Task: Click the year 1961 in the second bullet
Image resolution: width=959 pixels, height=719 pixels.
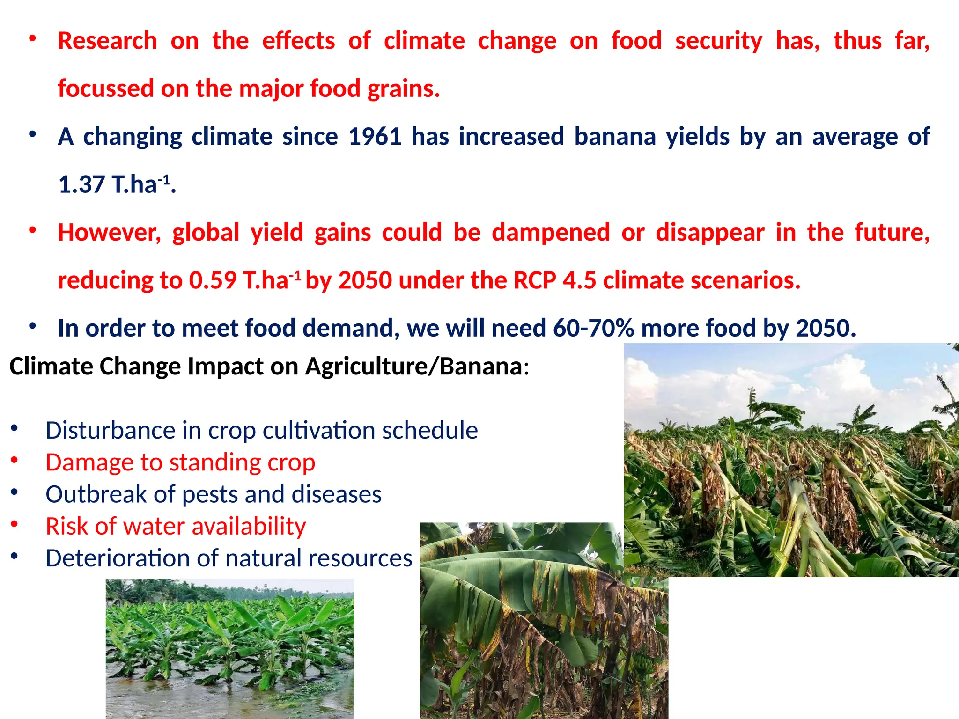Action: click(375, 137)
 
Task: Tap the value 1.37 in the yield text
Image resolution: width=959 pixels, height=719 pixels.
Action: click(81, 184)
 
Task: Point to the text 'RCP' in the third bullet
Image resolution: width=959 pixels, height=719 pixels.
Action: click(534, 280)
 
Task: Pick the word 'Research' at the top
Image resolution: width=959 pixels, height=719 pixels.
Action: click(107, 41)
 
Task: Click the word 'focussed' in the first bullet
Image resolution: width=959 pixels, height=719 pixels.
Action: click(106, 89)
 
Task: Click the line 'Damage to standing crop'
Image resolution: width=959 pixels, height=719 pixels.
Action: click(180, 462)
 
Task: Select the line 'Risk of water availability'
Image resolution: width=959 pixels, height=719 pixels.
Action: click(176, 526)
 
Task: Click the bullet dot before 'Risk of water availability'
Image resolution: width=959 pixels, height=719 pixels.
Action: click(15, 524)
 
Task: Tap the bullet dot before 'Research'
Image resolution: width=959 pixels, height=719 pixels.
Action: click(32, 39)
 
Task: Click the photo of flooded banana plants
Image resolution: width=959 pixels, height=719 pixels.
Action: click(229, 648)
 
